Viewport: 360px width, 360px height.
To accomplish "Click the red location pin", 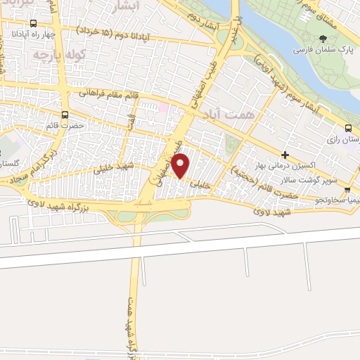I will pyautogui.click(x=181, y=167).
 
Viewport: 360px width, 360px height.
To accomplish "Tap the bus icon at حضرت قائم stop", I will pyautogui.click(x=65, y=115).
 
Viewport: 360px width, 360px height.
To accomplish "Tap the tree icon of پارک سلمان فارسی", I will pyautogui.click(x=322, y=39).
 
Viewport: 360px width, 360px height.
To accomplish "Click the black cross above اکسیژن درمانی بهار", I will pyautogui.click(x=284, y=154).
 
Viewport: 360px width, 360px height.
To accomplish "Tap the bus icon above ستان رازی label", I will pyautogui.click(x=349, y=128).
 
